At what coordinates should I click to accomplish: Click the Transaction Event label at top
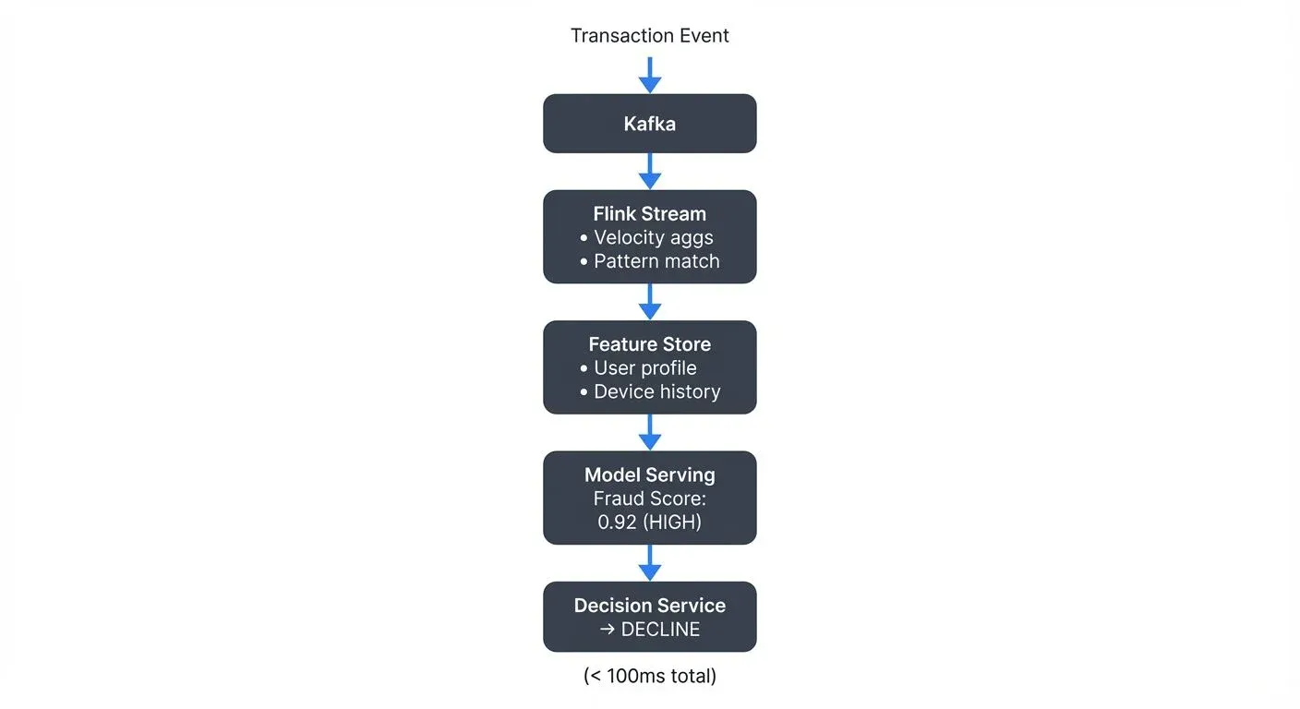pos(649,36)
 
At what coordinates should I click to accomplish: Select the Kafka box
pos(649,124)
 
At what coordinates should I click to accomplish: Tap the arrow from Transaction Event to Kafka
pos(650,75)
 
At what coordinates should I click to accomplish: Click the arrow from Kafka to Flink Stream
pos(650,171)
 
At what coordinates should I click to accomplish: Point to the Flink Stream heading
pos(649,213)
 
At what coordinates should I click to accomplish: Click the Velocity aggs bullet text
pos(653,237)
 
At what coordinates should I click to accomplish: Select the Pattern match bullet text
pos(656,261)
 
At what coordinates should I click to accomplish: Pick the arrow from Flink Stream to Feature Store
pos(650,301)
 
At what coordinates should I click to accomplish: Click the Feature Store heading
pos(649,344)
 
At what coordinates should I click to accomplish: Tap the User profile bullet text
pos(644,368)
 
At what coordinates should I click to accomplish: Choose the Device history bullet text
pos(656,391)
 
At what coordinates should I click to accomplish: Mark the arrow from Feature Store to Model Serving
pos(650,432)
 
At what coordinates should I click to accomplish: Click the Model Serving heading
pos(649,475)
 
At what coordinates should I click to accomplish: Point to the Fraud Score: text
pos(649,499)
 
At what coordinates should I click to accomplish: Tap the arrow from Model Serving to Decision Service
pos(650,562)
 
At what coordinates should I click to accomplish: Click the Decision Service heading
pos(649,606)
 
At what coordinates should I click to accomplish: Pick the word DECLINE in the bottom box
pos(660,630)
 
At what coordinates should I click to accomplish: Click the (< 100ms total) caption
pos(649,676)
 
